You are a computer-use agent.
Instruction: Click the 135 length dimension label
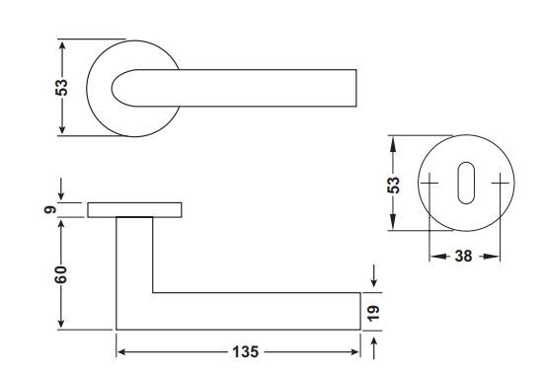pyautogui.click(x=246, y=352)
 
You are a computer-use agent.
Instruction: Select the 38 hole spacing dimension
pyautogui.click(x=464, y=257)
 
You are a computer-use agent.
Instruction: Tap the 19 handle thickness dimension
pyautogui.click(x=373, y=313)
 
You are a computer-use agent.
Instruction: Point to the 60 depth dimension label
pyautogui.click(x=60, y=274)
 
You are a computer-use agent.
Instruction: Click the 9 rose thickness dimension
pyautogui.click(x=50, y=210)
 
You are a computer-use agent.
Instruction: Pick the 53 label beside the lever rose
pyautogui.click(x=61, y=88)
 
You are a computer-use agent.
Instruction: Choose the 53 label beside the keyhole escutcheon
pyautogui.click(x=394, y=186)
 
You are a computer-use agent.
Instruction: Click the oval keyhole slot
pyautogui.click(x=466, y=183)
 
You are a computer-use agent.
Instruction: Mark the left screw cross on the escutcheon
pyautogui.click(x=429, y=183)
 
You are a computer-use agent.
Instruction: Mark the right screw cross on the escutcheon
pyautogui.click(x=501, y=183)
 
